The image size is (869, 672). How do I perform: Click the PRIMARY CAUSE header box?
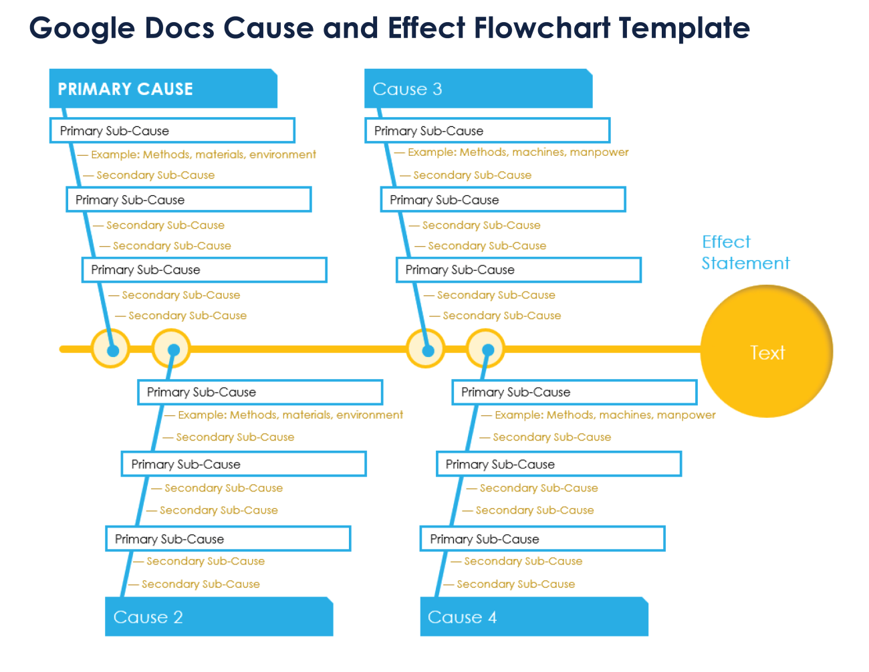point(162,89)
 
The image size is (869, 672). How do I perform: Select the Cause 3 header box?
point(478,89)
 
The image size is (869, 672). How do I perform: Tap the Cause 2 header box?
point(219,617)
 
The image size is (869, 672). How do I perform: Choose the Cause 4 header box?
point(533,617)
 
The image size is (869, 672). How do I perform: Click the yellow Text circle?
point(767,352)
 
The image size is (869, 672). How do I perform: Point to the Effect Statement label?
point(745,253)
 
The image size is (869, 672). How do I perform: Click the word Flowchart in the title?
point(542,28)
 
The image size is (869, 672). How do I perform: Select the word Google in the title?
point(82,28)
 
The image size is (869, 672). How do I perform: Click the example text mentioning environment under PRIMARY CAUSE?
point(203,154)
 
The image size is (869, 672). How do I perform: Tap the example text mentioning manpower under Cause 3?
point(518,152)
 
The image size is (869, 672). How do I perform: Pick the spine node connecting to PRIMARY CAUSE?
point(111,349)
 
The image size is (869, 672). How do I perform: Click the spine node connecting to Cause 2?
point(172,349)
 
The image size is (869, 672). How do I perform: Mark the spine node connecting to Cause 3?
point(426,349)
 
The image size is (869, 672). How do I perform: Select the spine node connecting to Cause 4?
point(486,349)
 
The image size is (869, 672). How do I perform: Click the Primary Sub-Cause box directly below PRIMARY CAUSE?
point(172,130)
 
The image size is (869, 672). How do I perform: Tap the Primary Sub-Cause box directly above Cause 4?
point(542,539)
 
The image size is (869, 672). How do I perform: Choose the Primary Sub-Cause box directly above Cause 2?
point(228,539)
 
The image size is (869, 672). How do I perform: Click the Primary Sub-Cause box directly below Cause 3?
point(487,130)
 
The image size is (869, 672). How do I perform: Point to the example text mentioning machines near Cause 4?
point(605,415)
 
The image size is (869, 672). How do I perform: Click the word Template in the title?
point(684,28)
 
